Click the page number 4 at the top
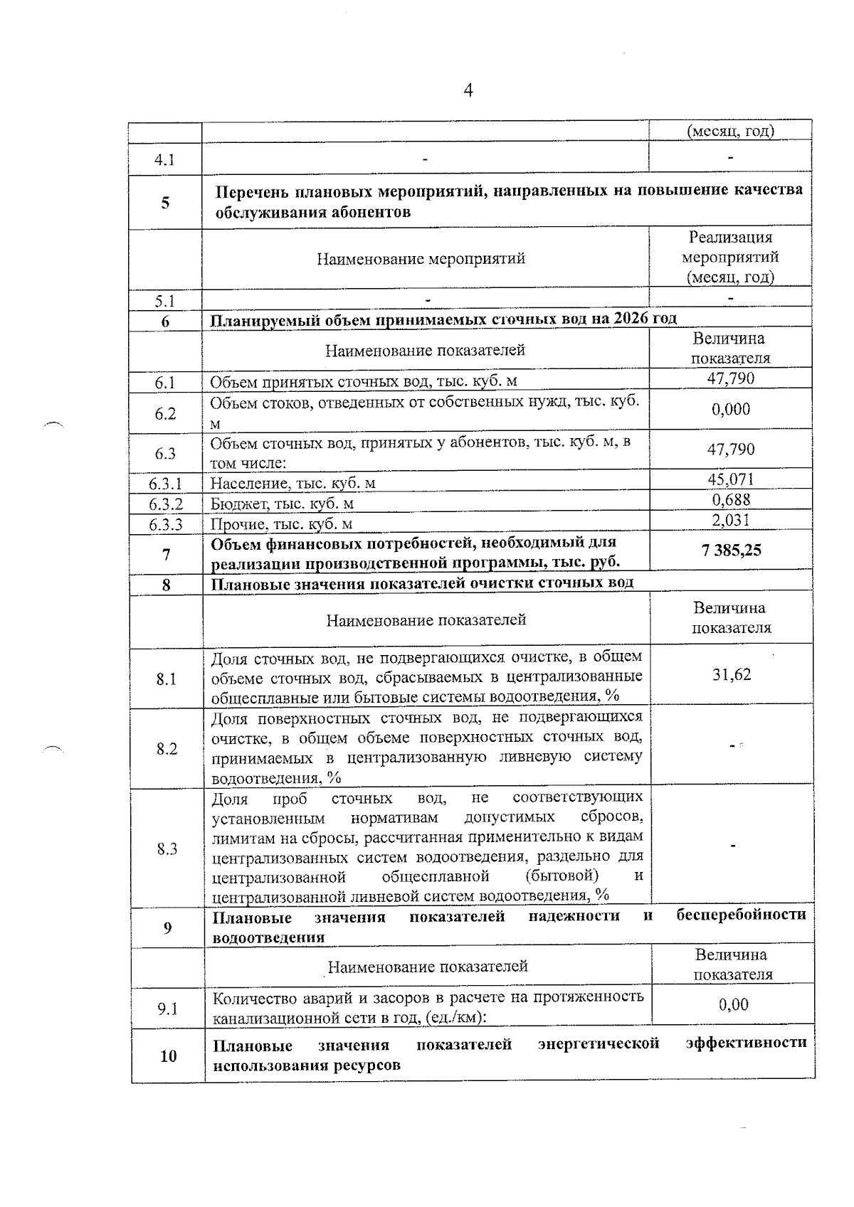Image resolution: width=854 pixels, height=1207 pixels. tap(468, 90)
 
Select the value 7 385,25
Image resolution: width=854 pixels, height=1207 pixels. tap(731, 550)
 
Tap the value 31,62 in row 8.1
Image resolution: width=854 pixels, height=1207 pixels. tap(732, 674)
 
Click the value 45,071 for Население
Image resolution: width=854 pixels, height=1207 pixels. tap(731, 479)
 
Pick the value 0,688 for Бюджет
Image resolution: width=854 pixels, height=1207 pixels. tap(732, 500)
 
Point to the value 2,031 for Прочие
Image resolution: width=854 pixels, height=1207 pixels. tap(731, 520)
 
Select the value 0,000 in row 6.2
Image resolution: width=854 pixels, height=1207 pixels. tap(731, 409)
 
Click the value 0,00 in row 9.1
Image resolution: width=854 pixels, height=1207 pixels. tap(733, 1004)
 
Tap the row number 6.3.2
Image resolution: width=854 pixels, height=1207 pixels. tap(166, 504)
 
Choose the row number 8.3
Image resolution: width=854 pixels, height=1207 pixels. tap(167, 849)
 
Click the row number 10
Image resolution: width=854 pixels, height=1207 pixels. tap(168, 1056)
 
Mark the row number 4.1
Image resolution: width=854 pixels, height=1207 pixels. tap(165, 159)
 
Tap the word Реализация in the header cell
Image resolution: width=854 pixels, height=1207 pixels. tap(730, 238)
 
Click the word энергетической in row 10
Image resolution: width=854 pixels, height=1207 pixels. tap(599, 1043)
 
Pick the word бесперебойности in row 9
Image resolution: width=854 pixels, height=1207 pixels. tap(741, 915)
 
